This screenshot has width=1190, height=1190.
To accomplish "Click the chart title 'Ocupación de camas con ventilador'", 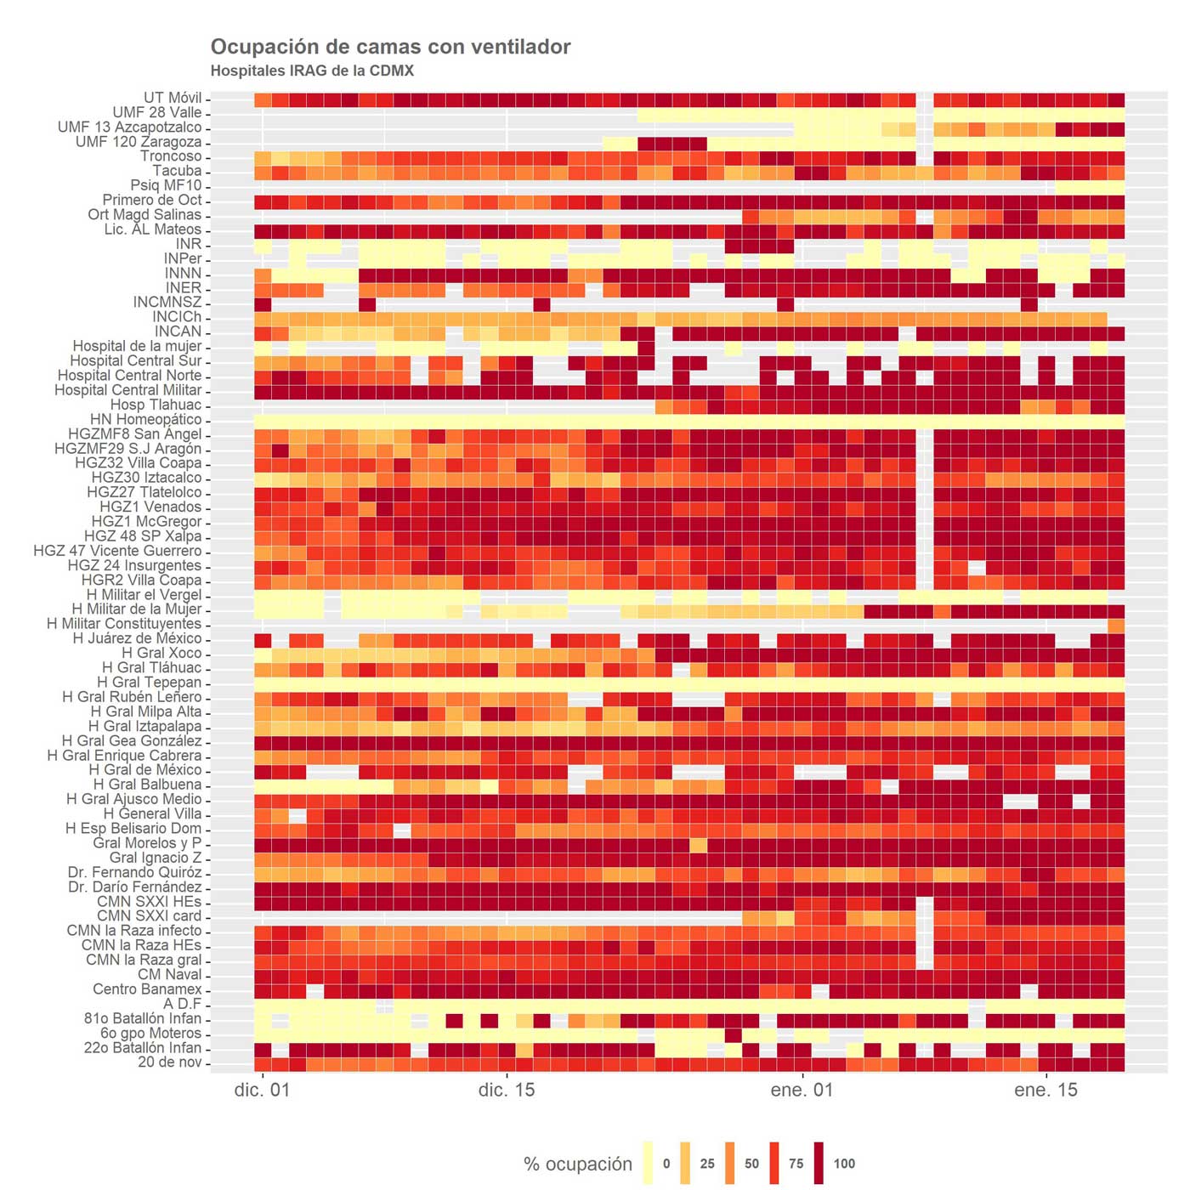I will click(390, 47).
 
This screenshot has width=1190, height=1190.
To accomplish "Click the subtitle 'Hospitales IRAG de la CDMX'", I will click(312, 71).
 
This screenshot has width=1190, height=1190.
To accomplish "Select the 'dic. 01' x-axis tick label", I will click(262, 1091).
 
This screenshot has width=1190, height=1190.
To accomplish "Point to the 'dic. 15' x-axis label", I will click(507, 1091).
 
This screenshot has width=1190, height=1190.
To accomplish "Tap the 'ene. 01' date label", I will click(802, 1091).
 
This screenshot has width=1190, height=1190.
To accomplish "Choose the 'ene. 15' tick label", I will click(1045, 1091).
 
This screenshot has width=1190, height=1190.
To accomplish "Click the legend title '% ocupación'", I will click(578, 1164).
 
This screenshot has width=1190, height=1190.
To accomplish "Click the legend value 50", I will click(751, 1164).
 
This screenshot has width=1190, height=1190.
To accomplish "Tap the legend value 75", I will click(796, 1164).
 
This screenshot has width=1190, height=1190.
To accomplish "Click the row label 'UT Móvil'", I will click(173, 98).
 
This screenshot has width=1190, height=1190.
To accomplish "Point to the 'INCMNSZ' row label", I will click(167, 303).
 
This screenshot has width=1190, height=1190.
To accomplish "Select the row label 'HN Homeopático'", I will click(146, 419).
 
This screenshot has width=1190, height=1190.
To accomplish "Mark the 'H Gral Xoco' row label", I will click(161, 653).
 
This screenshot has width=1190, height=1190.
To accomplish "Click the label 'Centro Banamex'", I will click(147, 989).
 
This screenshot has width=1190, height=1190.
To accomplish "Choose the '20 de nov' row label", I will click(169, 1062).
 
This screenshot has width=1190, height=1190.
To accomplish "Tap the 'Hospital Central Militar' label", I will click(128, 390).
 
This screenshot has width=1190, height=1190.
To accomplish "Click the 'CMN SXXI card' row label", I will click(149, 916).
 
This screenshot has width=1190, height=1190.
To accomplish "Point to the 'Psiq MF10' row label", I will click(166, 185).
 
